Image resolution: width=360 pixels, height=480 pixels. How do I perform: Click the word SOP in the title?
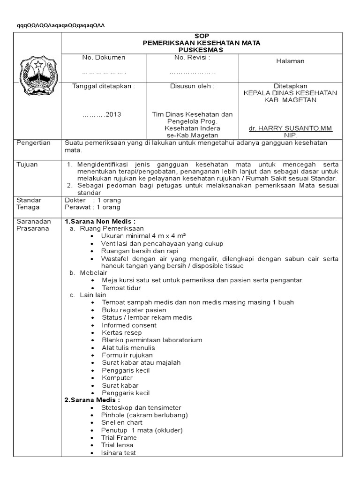pos(202,36)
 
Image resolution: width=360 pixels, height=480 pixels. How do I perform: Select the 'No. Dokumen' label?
pos(104,57)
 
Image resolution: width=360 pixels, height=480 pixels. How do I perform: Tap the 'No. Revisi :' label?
pos(192,57)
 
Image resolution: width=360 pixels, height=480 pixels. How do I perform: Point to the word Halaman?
pos(291,61)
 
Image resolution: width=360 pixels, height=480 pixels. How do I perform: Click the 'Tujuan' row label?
pos(27,165)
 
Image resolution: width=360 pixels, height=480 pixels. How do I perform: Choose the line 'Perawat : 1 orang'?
pos(92,207)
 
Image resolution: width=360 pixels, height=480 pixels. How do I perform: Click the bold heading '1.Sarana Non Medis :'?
pos(100,221)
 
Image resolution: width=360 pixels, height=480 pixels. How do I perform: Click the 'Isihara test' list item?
pos(119,453)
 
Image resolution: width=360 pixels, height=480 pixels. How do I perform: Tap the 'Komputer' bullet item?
pos(117,377)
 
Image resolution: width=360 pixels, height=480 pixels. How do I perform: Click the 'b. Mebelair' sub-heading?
pos(88,272)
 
